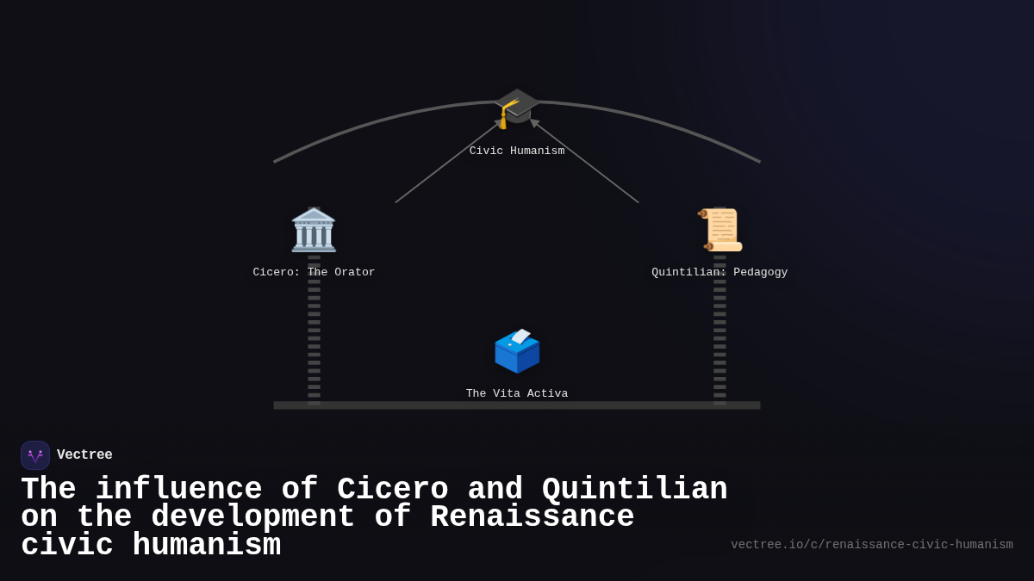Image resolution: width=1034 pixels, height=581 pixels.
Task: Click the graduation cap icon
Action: [517, 108]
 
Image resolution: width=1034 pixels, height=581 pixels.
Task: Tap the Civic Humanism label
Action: [517, 151]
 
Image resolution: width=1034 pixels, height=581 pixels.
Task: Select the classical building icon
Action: [314, 230]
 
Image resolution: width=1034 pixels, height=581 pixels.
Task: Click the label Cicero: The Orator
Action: [314, 273]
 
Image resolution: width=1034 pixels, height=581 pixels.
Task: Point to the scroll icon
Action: [720, 230]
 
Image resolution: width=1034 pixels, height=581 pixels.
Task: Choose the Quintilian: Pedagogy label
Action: [719, 273]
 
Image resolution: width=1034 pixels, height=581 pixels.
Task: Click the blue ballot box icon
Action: [517, 351]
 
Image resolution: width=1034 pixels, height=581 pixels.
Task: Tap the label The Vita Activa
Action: [517, 394]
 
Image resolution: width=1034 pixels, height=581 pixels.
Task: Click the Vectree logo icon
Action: [35, 455]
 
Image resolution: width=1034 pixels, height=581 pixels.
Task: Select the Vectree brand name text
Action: [84, 455]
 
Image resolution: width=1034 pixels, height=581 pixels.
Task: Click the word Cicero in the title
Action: [392, 490]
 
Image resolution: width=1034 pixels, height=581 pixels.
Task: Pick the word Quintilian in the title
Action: [634, 490]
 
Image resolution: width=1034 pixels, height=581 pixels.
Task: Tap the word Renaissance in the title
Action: [532, 517]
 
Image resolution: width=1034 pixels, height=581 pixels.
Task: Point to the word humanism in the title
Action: [207, 546]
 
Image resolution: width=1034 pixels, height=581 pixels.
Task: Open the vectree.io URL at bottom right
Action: [871, 545]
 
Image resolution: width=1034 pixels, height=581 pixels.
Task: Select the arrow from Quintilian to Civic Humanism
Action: [586, 162]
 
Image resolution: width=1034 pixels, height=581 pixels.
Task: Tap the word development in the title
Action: [252, 517]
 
